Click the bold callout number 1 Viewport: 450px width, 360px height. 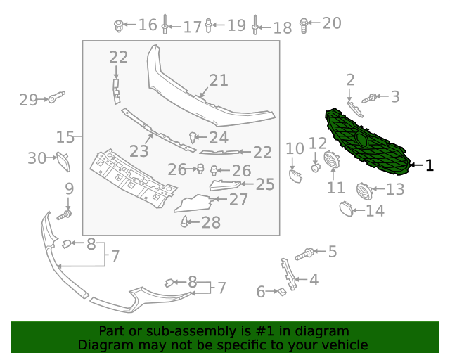[x=429, y=165]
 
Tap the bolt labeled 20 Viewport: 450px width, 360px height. [x=304, y=25]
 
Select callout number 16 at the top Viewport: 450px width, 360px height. [x=148, y=25]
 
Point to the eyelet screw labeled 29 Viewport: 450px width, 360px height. [x=56, y=97]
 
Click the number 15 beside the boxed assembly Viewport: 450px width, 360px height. [x=65, y=137]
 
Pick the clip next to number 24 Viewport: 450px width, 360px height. [x=193, y=137]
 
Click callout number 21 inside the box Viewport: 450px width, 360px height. [x=219, y=80]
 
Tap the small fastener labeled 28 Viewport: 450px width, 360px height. [x=184, y=221]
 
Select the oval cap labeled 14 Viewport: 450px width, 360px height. [x=347, y=209]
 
